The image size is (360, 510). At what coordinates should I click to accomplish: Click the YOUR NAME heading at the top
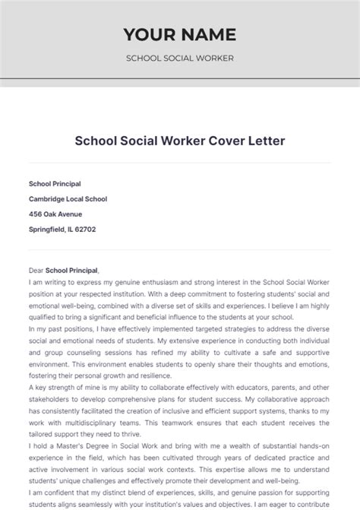[x=180, y=34]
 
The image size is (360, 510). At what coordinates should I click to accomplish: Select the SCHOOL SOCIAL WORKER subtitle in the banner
[x=180, y=59]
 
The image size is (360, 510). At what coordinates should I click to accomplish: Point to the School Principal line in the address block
[x=55, y=184]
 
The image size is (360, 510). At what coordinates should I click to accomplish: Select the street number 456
[x=36, y=214]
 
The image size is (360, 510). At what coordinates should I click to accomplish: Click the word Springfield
[x=48, y=230]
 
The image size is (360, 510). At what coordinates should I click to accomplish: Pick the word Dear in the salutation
[x=36, y=270]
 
